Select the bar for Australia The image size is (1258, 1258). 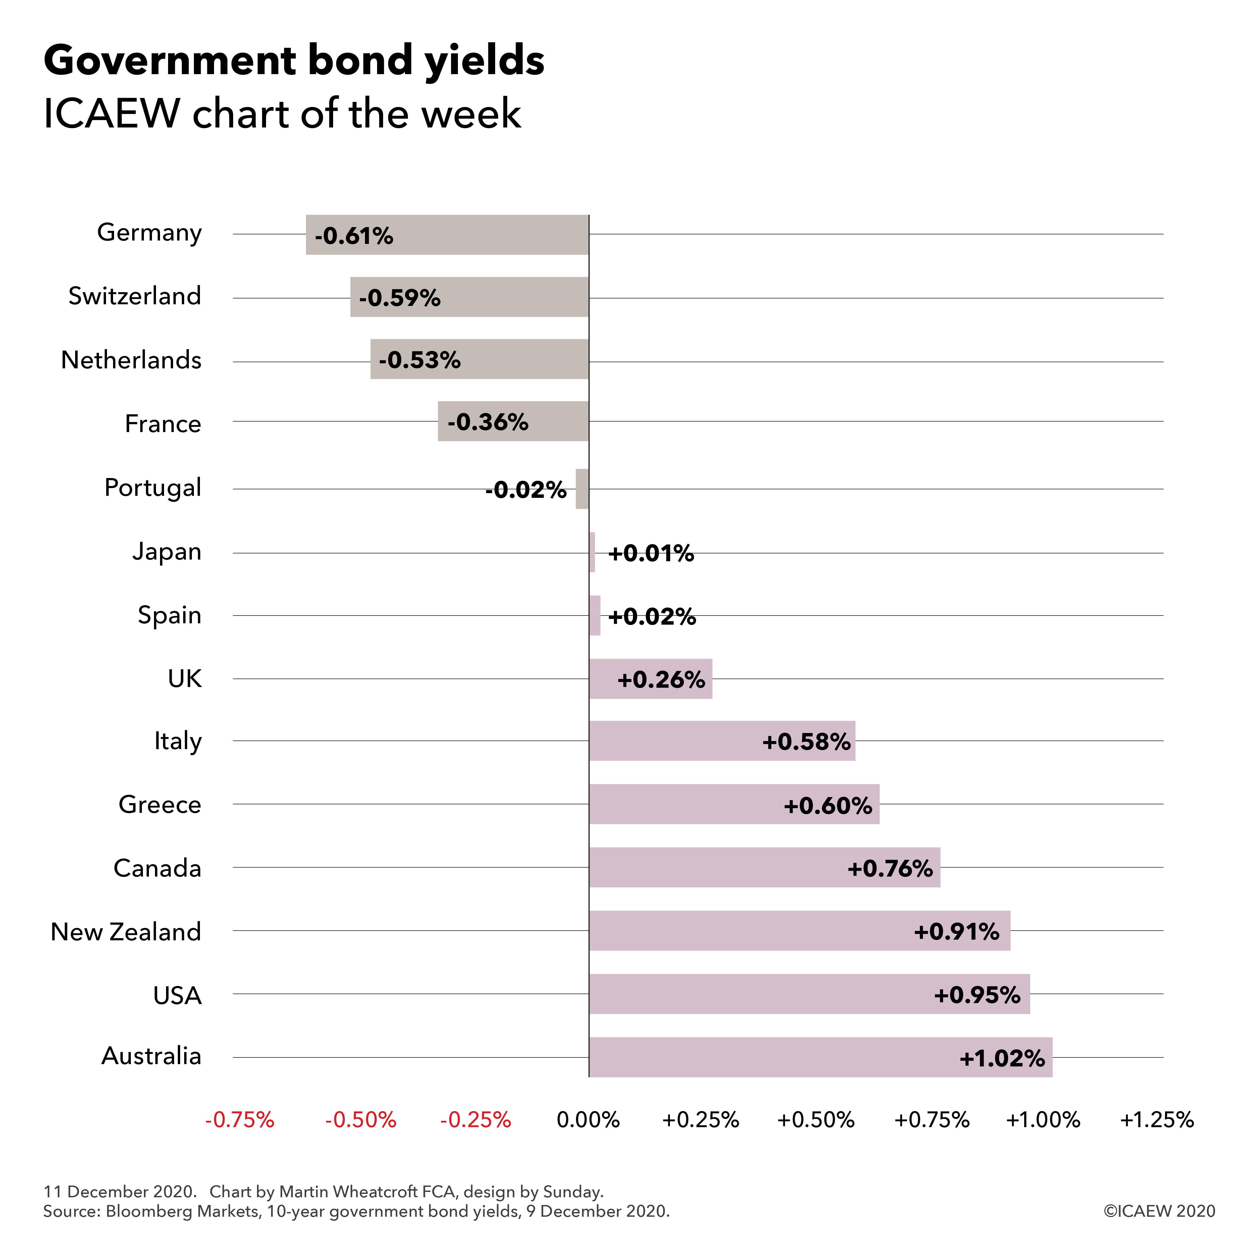(x=821, y=1057)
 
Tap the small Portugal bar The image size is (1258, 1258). (x=582, y=489)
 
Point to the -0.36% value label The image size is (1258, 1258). (x=488, y=422)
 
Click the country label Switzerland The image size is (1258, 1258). (x=135, y=296)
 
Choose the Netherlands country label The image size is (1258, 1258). (x=131, y=360)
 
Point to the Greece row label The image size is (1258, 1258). (x=160, y=805)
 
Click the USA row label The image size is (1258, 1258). (x=177, y=996)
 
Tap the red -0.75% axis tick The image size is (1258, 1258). (x=240, y=1120)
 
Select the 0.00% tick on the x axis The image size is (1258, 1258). (x=588, y=1120)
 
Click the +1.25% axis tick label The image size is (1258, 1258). (x=1156, y=1120)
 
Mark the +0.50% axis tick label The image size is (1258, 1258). (x=816, y=1120)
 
